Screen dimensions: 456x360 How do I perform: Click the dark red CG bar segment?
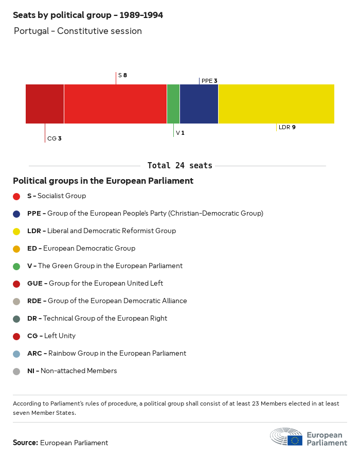tap(45, 104)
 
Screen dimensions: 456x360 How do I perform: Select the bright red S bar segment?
tap(115, 104)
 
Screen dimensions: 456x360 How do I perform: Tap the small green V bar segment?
tap(173, 104)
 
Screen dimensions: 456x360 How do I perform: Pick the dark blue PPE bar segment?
tap(199, 104)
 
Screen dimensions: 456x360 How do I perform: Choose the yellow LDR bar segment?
tap(276, 104)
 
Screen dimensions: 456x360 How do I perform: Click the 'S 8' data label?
tap(122, 75)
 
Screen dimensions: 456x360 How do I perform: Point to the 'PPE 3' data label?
tap(209, 81)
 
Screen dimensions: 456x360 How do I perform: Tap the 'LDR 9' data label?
tap(286, 127)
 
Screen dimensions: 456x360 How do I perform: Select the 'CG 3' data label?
tap(54, 138)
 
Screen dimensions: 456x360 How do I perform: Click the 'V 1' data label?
tap(180, 133)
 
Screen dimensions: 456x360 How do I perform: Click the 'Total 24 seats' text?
tap(179, 166)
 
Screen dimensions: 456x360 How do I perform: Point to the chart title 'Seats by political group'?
tap(88, 15)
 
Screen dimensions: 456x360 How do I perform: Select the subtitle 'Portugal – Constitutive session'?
tap(78, 31)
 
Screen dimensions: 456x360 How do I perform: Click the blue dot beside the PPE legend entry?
tap(16, 214)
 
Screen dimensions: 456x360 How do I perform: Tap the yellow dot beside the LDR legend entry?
tap(16, 231)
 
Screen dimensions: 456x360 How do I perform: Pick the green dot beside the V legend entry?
tap(16, 266)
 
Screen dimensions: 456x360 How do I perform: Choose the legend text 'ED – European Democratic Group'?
tap(81, 249)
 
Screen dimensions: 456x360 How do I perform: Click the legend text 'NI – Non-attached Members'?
tap(72, 371)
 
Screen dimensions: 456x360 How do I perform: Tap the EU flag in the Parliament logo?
tap(295, 440)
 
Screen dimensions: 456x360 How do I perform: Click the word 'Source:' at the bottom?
tap(25, 443)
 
